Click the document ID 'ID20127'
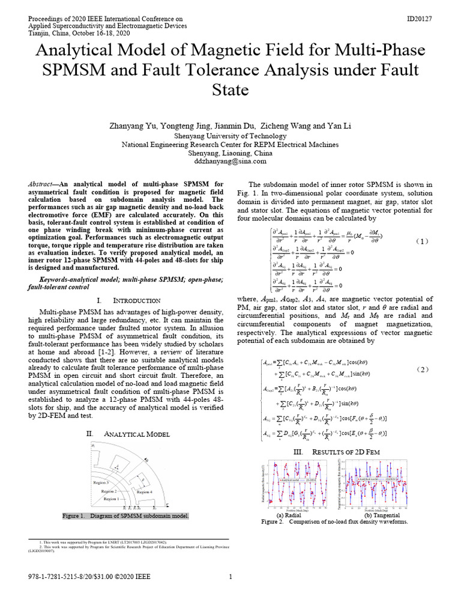[419, 19]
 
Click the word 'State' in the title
[230, 90]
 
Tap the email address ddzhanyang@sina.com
[230, 162]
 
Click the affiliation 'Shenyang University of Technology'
[230, 136]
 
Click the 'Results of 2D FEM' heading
[335, 435]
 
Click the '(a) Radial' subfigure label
[289, 515]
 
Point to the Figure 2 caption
[335, 522]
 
